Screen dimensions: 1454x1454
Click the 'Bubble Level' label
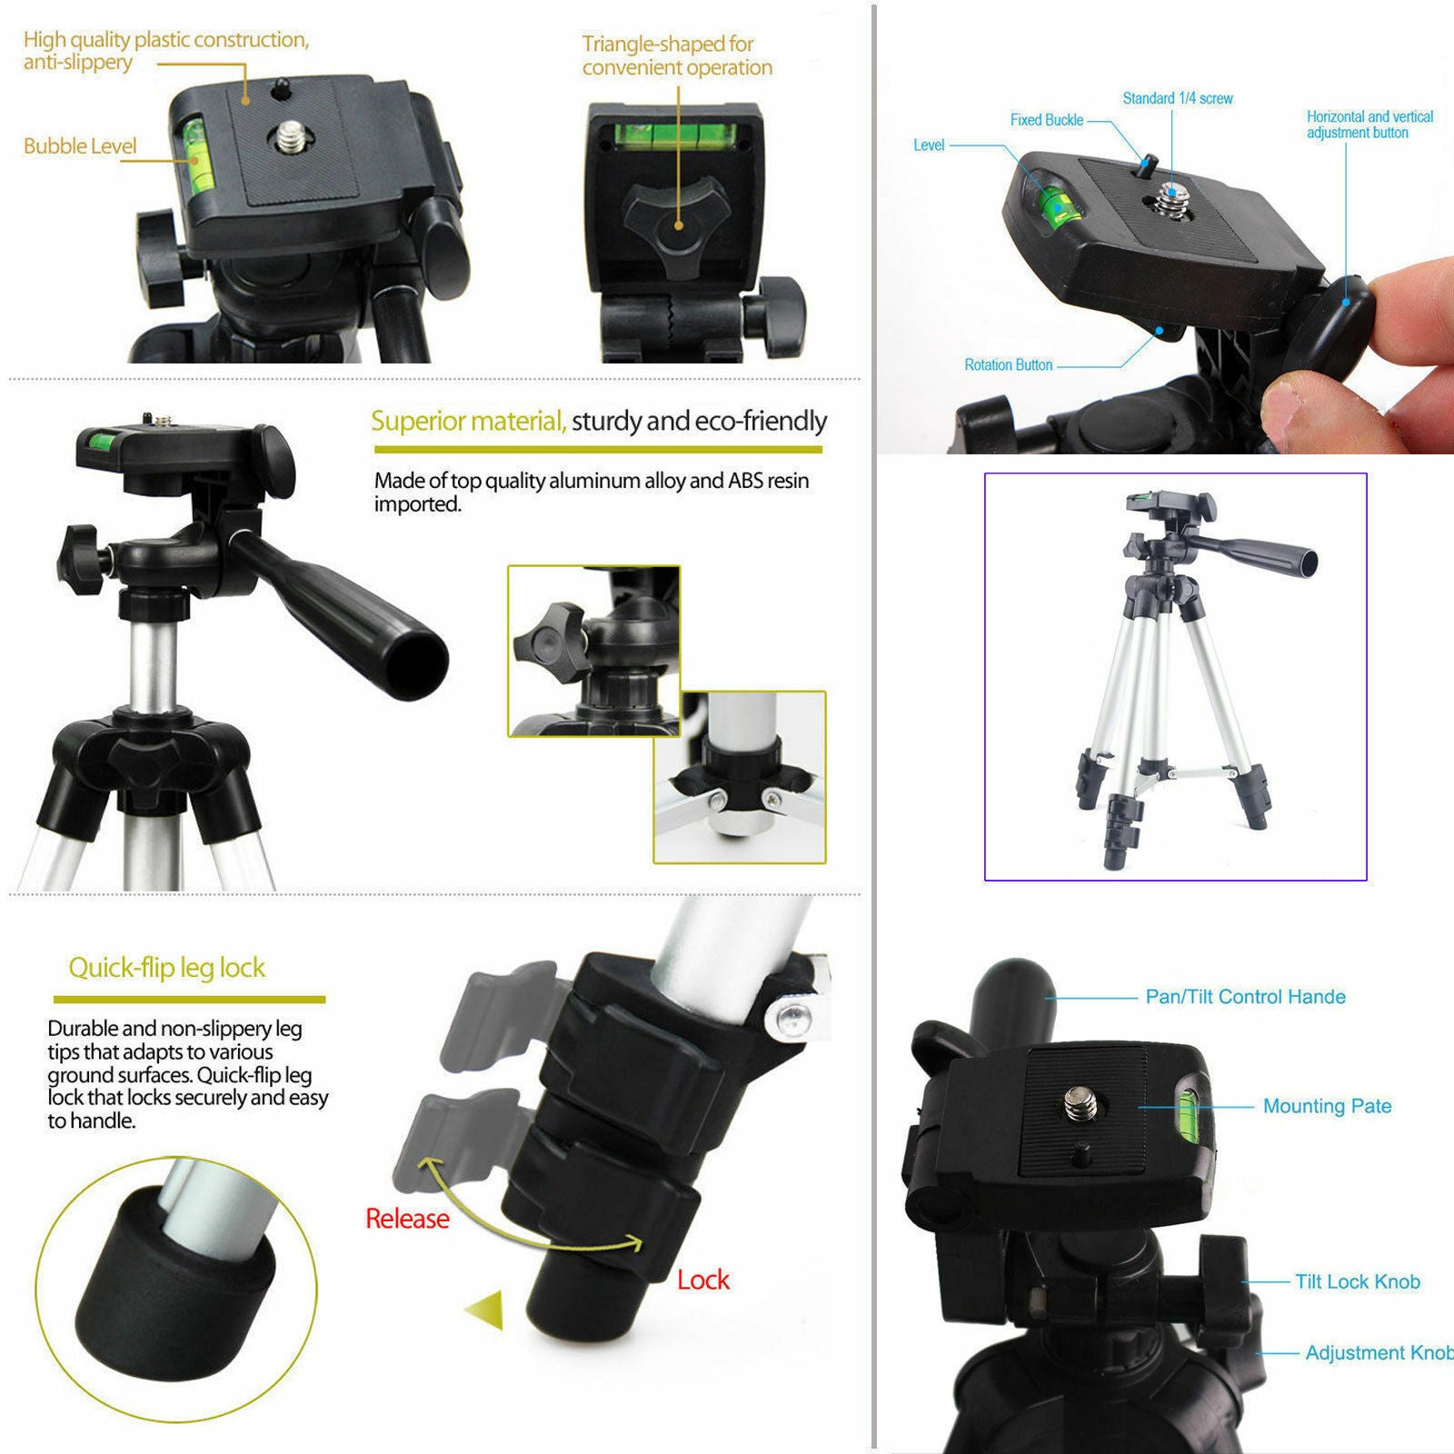click(x=80, y=146)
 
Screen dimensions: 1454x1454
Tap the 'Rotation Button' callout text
click(x=1008, y=365)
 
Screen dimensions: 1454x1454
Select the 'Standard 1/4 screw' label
click(x=1177, y=98)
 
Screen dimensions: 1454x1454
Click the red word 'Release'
click(x=407, y=1219)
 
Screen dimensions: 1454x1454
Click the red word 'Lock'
click(x=702, y=1280)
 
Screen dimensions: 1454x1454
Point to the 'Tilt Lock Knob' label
click(x=1357, y=1281)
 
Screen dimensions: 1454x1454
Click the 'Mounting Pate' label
click(x=1327, y=1106)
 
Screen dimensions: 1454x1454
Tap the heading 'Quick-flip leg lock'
click(x=167, y=968)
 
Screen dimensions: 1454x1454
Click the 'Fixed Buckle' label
click(x=1046, y=120)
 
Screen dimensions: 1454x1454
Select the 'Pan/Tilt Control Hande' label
click(x=1245, y=997)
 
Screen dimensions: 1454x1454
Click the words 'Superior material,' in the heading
click(x=468, y=421)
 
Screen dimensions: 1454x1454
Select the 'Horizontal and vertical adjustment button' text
click(x=1369, y=124)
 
